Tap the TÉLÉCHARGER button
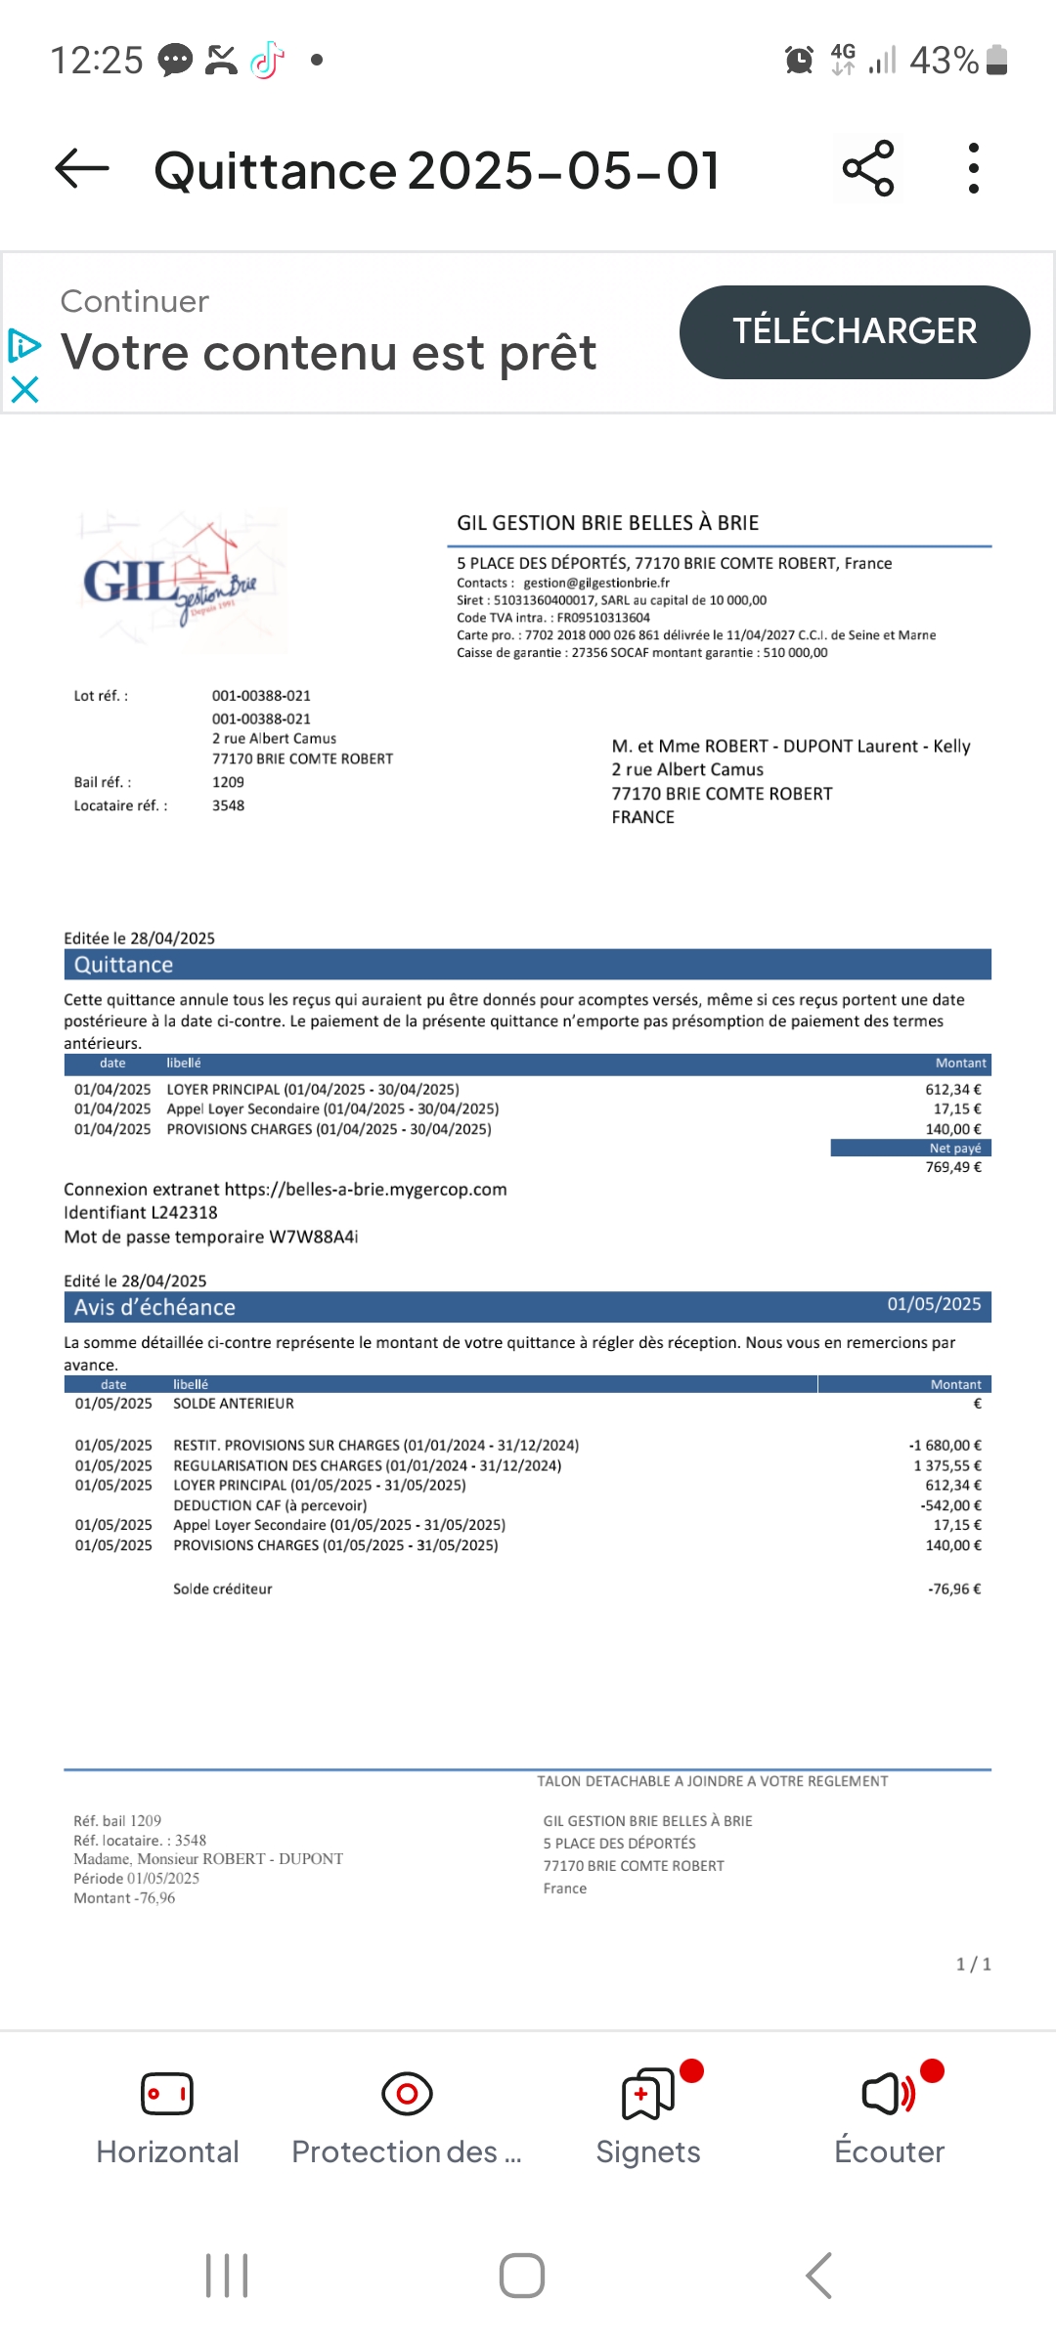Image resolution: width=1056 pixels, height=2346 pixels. (x=854, y=331)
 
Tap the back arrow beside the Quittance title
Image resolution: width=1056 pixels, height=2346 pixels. (x=82, y=169)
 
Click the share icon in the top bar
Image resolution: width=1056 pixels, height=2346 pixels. (x=868, y=168)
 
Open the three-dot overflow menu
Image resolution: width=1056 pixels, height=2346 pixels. (x=973, y=168)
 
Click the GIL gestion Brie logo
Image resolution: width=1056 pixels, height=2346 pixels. (x=181, y=582)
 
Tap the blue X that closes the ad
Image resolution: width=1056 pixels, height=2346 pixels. (x=24, y=391)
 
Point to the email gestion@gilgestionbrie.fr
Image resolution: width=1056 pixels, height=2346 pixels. (x=596, y=583)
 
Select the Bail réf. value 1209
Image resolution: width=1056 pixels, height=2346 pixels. (x=228, y=782)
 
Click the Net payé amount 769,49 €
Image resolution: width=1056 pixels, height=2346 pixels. (x=952, y=1167)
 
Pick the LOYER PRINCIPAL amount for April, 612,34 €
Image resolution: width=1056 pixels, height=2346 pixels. (x=952, y=1089)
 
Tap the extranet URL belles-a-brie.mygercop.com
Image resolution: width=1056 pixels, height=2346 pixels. (x=366, y=1190)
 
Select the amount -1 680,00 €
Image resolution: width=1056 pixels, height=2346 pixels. (x=945, y=1445)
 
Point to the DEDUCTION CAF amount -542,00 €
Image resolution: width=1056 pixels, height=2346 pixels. (x=950, y=1505)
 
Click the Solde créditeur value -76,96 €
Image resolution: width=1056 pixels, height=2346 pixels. (x=953, y=1589)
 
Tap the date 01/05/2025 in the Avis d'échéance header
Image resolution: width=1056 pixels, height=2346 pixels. (x=934, y=1304)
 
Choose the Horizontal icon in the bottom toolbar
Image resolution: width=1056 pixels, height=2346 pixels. (x=167, y=2094)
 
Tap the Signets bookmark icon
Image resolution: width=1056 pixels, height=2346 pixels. (x=647, y=2094)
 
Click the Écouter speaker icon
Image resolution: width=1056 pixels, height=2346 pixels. (x=888, y=2094)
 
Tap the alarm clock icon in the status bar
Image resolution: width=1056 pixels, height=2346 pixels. (x=799, y=61)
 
